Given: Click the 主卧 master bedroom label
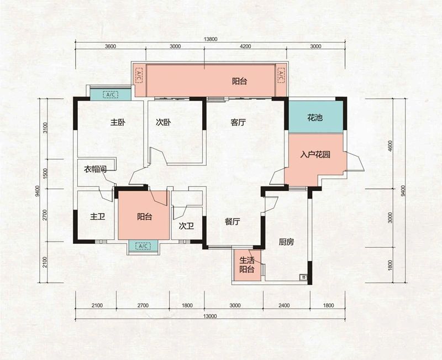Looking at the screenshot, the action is (x=118, y=123).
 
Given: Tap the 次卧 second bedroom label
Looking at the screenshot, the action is (x=163, y=123).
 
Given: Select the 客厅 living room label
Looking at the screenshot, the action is (x=238, y=123).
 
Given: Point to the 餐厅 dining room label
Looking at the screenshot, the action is (x=232, y=222).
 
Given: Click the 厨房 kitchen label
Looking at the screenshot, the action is (x=286, y=242).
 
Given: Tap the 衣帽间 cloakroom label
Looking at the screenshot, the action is (x=95, y=169).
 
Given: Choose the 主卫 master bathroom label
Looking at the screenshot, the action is (x=98, y=217).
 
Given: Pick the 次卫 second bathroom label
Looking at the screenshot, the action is (x=186, y=226).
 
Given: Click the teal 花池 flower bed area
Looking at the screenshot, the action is (x=315, y=117).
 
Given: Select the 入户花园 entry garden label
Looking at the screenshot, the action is (x=315, y=155).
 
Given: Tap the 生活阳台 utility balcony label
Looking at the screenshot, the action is (x=246, y=265).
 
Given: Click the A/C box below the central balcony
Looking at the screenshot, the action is (x=143, y=246).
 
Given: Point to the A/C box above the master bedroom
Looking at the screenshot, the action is (x=110, y=95).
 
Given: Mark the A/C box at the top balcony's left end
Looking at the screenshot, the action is (x=139, y=75).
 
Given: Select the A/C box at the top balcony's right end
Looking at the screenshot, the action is (x=281, y=75).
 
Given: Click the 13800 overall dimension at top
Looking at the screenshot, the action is (x=211, y=39).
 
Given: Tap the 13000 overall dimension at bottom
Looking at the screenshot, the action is (x=211, y=316).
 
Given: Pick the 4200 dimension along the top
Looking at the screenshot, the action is (x=245, y=46).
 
